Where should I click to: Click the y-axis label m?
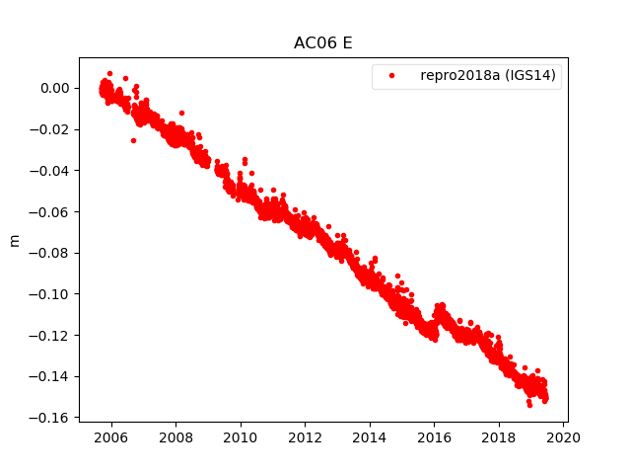pyautogui.click(x=14, y=240)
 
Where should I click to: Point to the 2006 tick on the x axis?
pyautogui.click(x=111, y=437)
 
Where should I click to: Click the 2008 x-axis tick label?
pyautogui.click(x=175, y=437)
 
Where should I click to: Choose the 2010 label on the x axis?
pyautogui.click(x=241, y=437)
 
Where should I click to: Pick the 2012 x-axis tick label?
pyautogui.click(x=305, y=437)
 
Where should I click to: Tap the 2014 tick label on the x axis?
pyautogui.click(x=370, y=437)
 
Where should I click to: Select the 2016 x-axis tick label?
pyautogui.click(x=434, y=437)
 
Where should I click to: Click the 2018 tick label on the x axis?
pyautogui.click(x=499, y=437)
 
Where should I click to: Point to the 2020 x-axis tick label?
pyautogui.click(x=563, y=437)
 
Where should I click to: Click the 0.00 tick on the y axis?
pyautogui.click(x=55, y=88)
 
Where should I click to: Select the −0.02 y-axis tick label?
pyautogui.click(x=50, y=129)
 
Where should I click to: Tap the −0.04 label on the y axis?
pyautogui.click(x=50, y=171)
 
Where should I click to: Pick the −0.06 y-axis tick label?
pyautogui.click(x=50, y=211)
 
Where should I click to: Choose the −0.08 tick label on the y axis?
pyautogui.click(x=50, y=253)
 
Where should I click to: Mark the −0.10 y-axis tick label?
pyautogui.click(x=50, y=294)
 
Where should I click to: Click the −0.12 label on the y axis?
pyautogui.click(x=50, y=335)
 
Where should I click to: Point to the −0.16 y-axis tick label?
pyautogui.click(x=50, y=418)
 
